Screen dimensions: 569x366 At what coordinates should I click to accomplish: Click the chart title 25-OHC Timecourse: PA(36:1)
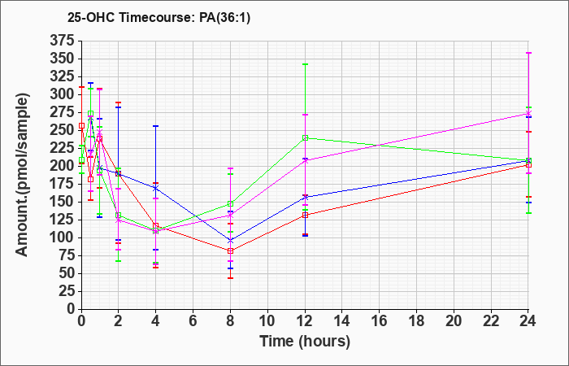click(x=159, y=17)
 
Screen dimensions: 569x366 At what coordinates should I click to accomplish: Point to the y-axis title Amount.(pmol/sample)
click(x=22, y=175)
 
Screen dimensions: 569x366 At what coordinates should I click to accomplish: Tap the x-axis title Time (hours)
click(x=305, y=342)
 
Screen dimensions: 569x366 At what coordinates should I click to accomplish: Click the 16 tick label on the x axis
click(x=380, y=320)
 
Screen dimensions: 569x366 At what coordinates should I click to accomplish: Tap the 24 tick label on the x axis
click(x=528, y=320)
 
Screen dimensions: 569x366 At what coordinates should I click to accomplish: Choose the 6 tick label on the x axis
click(x=193, y=320)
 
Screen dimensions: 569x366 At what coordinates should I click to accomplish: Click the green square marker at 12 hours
click(x=305, y=138)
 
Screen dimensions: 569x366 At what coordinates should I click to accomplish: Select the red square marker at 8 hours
click(x=230, y=251)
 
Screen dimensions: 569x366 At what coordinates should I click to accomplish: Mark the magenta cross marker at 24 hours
click(x=528, y=113)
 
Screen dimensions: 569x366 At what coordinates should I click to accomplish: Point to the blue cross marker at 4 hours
click(x=156, y=188)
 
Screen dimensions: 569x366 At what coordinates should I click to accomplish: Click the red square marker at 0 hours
click(x=81, y=125)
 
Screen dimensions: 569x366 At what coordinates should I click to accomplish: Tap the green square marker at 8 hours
click(x=230, y=203)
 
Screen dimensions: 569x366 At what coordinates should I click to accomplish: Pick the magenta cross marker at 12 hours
click(x=305, y=160)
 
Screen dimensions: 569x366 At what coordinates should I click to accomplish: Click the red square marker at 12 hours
click(x=305, y=215)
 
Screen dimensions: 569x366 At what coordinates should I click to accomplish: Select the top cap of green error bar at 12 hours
click(x=305, y=64)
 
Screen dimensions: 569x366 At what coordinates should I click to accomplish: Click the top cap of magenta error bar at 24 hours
click(x=528, y=53)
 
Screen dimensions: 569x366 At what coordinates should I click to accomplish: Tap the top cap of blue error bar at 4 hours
click(x=156, y=126)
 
